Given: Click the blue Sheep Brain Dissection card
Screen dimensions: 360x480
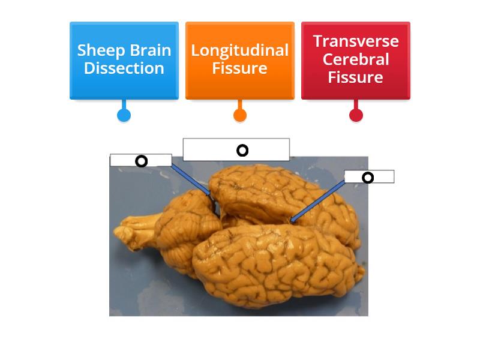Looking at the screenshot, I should (x=124, y=60).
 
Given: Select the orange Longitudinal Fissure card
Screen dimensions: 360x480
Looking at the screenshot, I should (x=239, y=60).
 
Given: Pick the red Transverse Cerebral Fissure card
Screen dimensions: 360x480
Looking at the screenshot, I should (x=355, y=60).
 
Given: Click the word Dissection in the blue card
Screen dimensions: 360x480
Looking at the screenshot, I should (x=124, y=68).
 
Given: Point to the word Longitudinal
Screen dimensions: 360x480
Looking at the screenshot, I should (x=239, y=50).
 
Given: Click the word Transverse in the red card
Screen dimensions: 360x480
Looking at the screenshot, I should (x=355, y=41).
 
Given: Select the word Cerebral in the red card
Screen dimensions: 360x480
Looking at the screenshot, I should (x=355, y=59).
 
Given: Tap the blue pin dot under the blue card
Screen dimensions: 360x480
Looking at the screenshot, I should (x=124, y=115).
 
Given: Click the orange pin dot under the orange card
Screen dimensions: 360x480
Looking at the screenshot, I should (x=239, y=115).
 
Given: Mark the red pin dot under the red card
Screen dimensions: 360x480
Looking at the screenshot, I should (x=356, y=115).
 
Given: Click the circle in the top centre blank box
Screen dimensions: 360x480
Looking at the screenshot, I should (x=242, y=150).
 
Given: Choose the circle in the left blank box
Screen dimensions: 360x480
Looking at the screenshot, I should (x=141, y=161).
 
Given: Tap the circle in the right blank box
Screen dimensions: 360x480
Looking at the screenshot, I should (x=368, y=177).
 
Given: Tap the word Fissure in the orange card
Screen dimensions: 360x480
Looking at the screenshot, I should (x=239, y=68).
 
